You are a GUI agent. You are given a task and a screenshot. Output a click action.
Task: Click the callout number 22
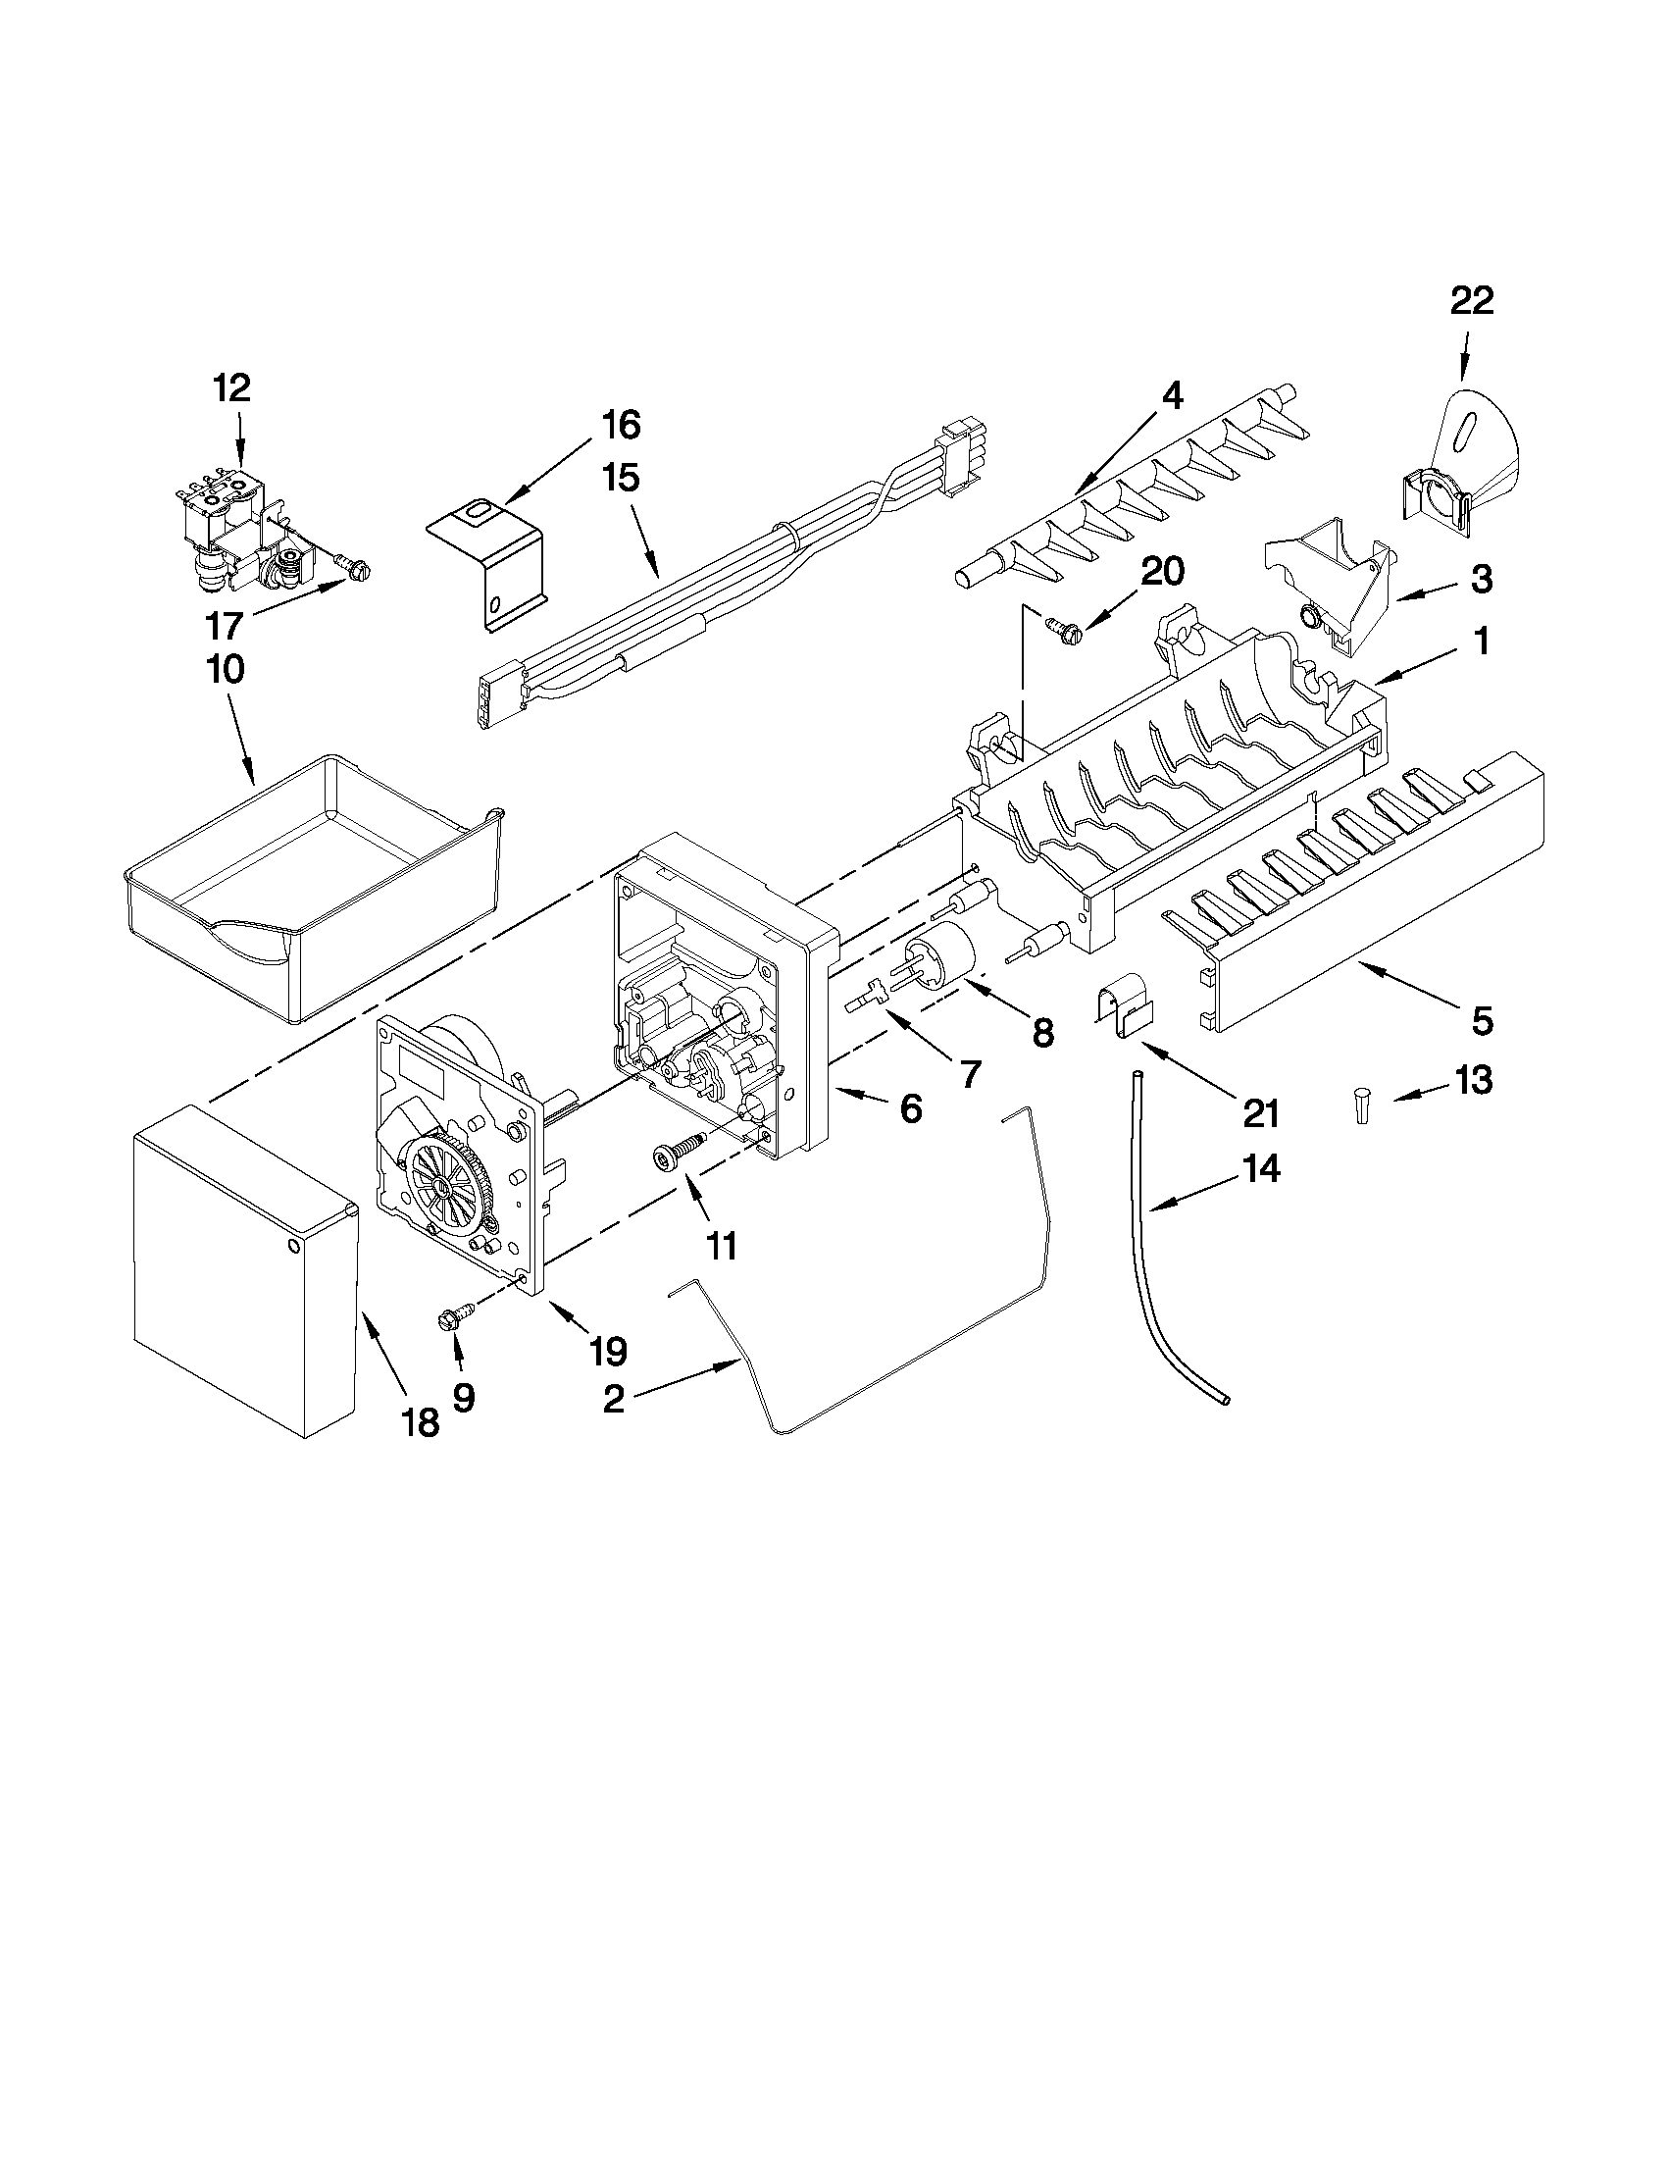click(1471, 300)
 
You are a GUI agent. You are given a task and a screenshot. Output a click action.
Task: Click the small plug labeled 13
click(1362, 1107)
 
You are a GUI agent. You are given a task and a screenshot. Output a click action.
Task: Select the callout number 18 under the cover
click(420, 1422)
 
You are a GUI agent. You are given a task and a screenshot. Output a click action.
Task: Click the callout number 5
click(1482, 1020)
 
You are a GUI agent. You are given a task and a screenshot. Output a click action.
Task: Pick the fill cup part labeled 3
click(1329, 582)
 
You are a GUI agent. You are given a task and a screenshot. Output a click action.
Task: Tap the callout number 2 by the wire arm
click(613, 1399)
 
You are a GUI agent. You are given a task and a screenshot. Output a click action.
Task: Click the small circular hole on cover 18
click(293, 1246)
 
